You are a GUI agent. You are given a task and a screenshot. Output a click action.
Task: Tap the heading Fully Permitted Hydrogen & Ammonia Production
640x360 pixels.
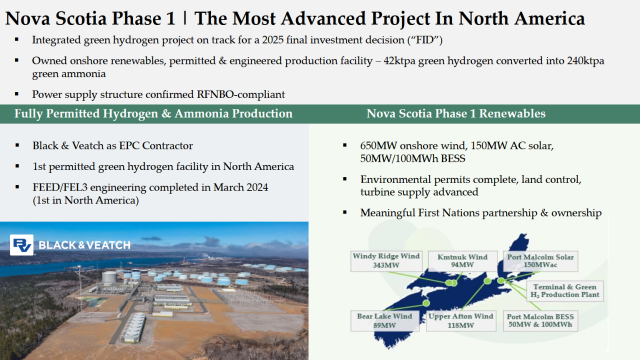click(153, 113)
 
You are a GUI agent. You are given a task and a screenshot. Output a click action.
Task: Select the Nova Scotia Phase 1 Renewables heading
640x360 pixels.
click(463, 113)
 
